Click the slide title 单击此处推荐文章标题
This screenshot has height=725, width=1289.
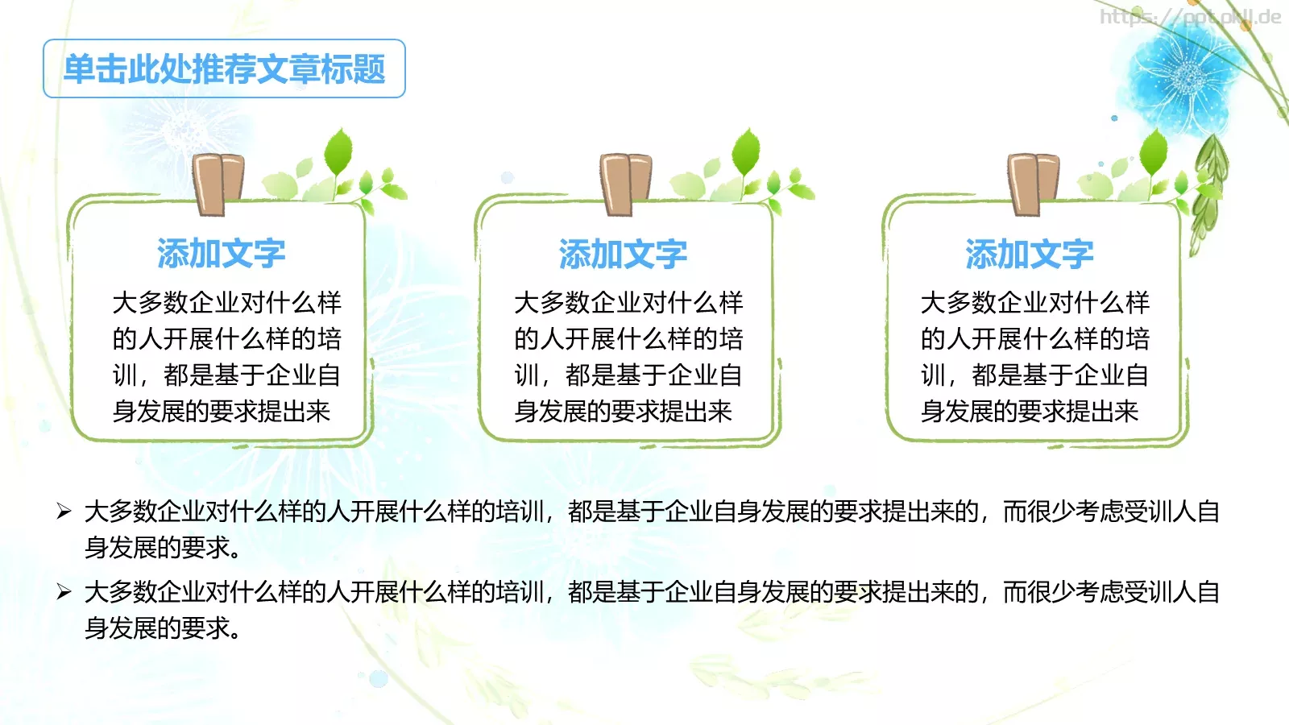224,69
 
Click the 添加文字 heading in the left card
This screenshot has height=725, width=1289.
221,254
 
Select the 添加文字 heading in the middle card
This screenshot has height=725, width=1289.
623,254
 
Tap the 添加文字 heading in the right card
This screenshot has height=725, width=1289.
1030,254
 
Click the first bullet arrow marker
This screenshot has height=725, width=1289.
64,511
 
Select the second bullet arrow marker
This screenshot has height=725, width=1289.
64,592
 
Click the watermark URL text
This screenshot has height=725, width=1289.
1190,17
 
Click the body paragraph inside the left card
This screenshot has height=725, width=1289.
226,357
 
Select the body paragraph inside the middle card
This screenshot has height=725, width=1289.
628,357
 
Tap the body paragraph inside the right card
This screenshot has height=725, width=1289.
1034,357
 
